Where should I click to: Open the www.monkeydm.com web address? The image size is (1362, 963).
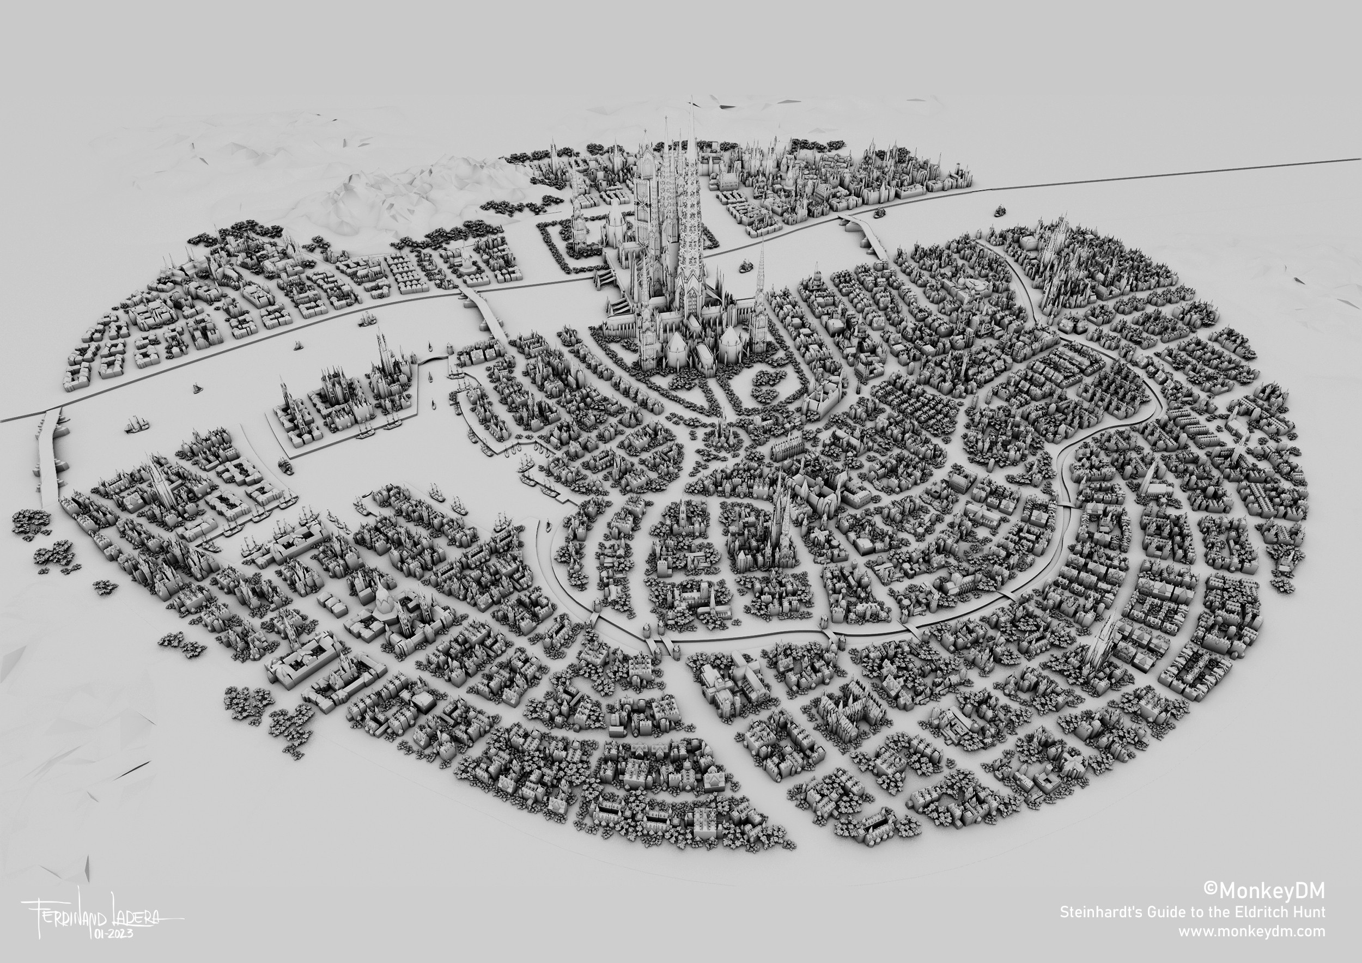(x=1251, y=931)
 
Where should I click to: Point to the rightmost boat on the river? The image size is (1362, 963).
(x=1001, y=209)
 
